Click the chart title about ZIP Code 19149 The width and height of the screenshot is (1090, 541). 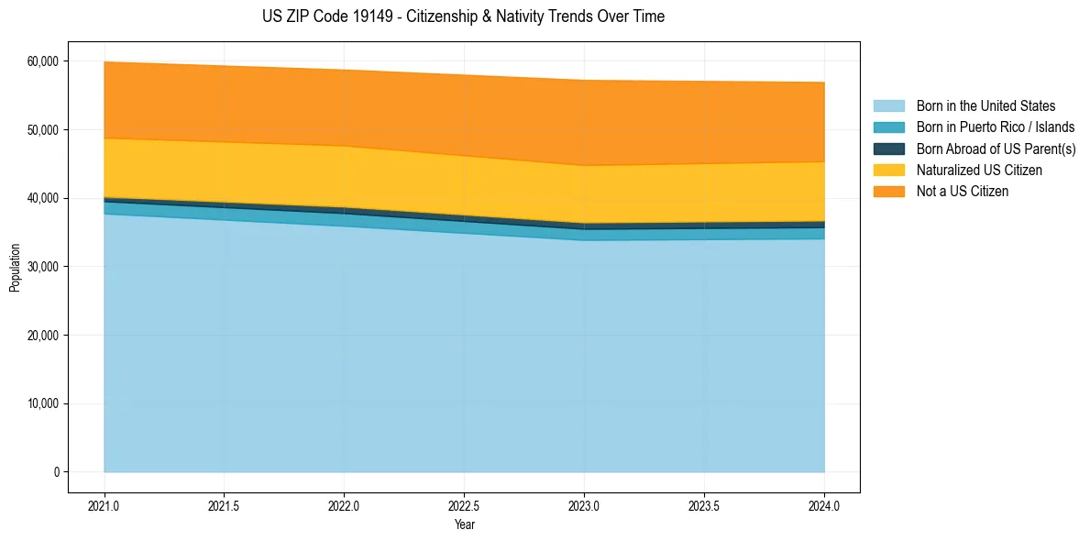[x=463, y=17]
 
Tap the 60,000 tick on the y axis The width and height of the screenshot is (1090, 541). [x=43, y=61]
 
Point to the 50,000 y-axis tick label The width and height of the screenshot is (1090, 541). [x=43, y=130]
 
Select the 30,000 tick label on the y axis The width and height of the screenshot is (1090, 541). [x=43, y=267]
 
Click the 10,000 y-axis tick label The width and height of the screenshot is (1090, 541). [x=43, y=403]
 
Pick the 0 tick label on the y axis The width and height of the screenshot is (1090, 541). [x=56, y=472]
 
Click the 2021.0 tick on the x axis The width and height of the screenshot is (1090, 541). [x=104, y=505]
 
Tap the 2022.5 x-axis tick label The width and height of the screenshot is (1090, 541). [x=464, y=505]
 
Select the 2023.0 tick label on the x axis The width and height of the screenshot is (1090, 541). [x=584, y=505]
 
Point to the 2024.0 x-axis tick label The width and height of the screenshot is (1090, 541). [x=824, y=505]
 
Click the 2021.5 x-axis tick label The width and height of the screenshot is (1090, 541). [x=224, y=505]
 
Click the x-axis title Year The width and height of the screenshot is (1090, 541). [x=464, y=524]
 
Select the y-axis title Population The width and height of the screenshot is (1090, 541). [x=15, y=267]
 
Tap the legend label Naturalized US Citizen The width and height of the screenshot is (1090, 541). [x=979, y=171]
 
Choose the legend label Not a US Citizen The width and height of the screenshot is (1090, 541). [x=962, y=192]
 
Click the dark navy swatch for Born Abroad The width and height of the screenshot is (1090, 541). [x=888, y=149]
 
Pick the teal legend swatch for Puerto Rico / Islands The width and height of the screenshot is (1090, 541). [x=888, y=127]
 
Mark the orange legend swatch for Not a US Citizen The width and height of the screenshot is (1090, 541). [x=888, y=192]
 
